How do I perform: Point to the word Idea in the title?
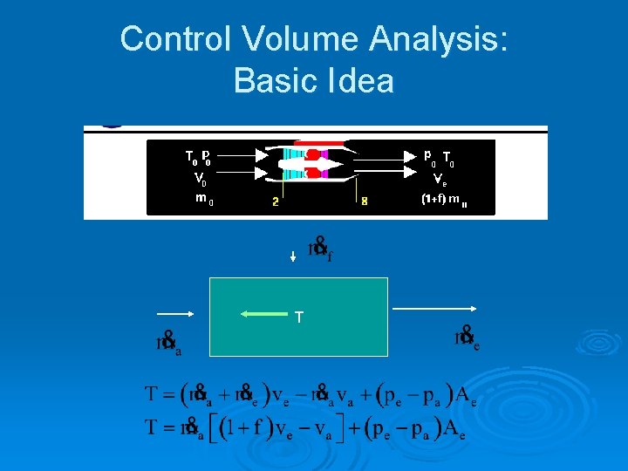click(x=362, y=81)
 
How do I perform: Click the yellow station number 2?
click(x=275, y=201)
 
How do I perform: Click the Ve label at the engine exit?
click(x=441, y=181)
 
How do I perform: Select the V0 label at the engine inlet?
click(x=200, y=181)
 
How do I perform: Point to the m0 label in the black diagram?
click(x=203, y=199)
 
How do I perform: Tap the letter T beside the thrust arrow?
click(x=299, y=318)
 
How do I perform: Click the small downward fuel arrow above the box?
click(x=293, y=256)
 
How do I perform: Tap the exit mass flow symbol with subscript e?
click(x=466, y=338)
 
